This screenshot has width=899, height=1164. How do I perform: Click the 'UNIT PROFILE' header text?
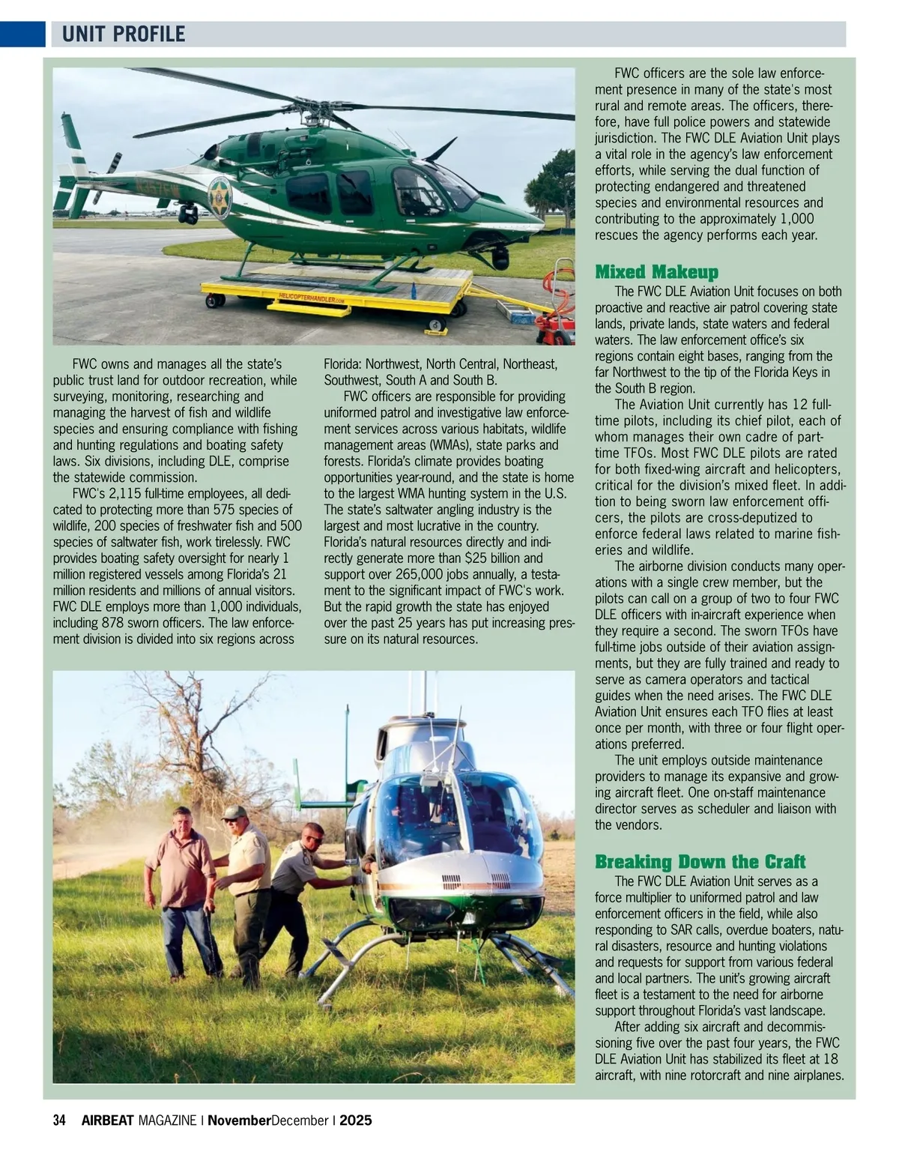tap(124, 34)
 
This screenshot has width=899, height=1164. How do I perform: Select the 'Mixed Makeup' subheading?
tap(656, 272)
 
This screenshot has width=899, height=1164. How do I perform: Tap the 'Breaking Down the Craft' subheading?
tap(700, 861)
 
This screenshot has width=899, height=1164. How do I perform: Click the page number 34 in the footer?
tap(60, 1121)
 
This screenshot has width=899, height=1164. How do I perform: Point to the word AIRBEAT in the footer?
tap(107, 1121)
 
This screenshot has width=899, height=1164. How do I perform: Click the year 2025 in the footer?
tap(355, 1121)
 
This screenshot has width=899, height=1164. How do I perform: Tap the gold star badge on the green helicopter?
tap(220, 197)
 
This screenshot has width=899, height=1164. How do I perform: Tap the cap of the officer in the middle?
tap(234, 812)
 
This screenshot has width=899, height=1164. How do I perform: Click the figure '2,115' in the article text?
tap(130, 494)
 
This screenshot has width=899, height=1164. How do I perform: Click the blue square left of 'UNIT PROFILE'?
tap(22, 34)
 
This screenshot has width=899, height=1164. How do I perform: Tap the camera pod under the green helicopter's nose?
tap(500, 257)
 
